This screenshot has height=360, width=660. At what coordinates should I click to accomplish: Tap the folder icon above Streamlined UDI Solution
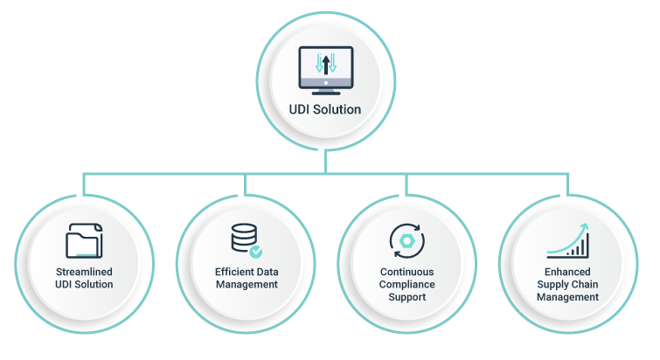tap(84, 240)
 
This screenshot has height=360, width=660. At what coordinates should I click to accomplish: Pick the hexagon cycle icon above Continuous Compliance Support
tap(406, 240)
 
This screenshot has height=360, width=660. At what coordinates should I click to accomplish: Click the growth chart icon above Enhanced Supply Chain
tap(568, 239)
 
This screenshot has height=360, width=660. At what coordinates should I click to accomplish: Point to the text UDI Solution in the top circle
tap(325, 110)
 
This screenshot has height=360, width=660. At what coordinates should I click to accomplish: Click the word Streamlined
tap(84, 272)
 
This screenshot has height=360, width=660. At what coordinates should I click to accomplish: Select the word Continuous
tap(406, 272)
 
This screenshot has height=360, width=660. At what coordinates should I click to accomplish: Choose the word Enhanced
tap(567, 272)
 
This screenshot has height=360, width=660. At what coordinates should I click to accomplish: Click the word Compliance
tap(406, 284)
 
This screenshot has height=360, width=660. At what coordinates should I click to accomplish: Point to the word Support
tap(406, 297)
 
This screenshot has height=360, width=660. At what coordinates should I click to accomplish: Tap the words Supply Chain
tap(567, 284)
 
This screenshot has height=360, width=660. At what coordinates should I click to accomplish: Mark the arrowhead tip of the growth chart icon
tap(587, 225)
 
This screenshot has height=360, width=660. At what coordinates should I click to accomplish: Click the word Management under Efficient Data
tap(247, 284)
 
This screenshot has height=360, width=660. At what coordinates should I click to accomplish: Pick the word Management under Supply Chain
tap(567, 297)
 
